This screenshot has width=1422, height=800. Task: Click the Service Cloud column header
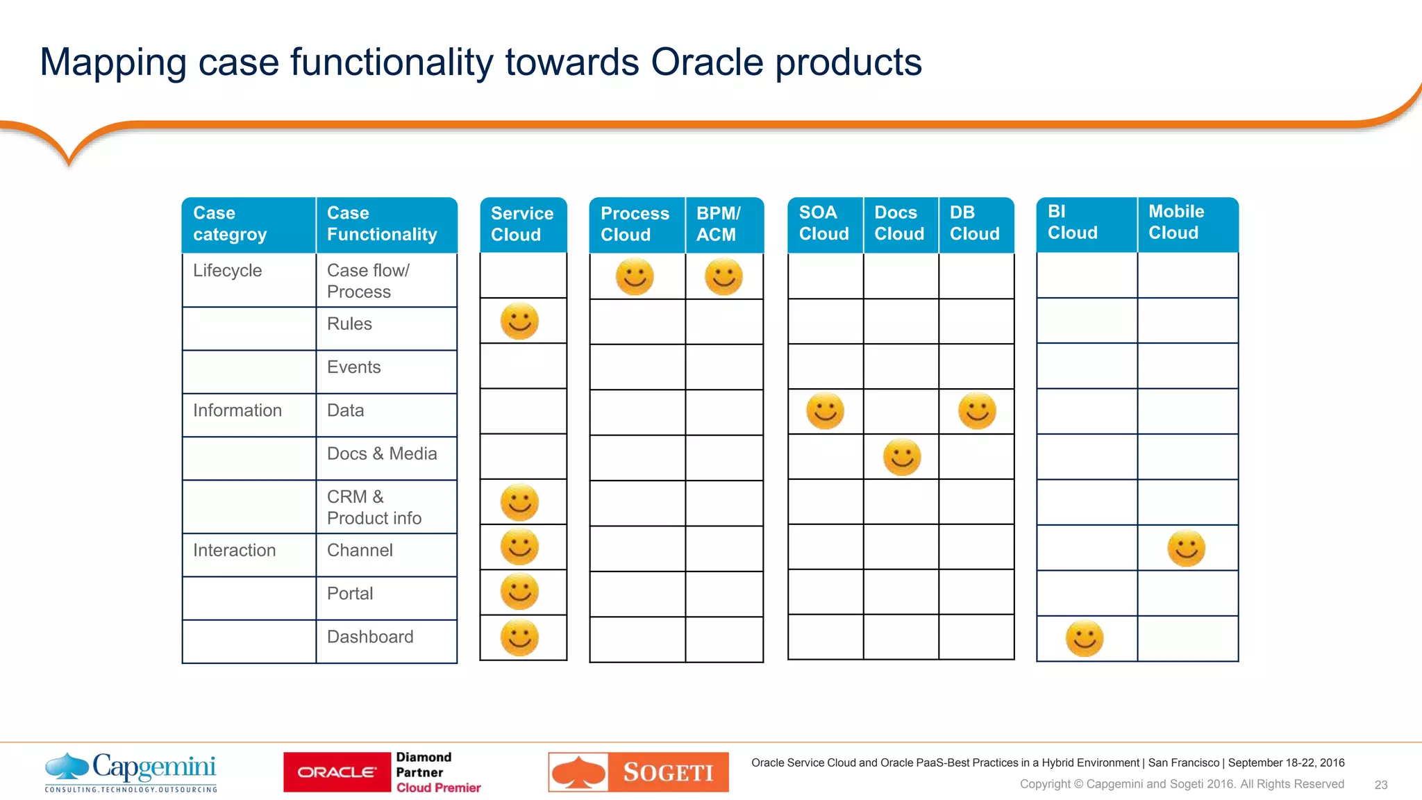coord(523,224)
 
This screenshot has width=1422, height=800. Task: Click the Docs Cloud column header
coord(900,224)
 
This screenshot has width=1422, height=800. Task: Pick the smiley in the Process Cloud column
coord(635,277)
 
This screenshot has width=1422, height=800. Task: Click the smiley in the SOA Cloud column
coord(825,411)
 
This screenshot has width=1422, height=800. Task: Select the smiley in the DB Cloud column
coord(977,411)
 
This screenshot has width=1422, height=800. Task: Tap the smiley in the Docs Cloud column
coord(902,457)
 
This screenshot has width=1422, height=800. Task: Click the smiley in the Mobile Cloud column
coord(1186,549)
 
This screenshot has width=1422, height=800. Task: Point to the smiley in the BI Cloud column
coord(1085,638)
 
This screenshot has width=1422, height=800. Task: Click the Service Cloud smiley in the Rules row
coord(519,322)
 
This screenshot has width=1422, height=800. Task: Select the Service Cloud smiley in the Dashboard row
coord(519,637)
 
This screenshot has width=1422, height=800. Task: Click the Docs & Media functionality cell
coord(382,454)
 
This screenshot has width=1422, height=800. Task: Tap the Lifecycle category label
coord(228,271)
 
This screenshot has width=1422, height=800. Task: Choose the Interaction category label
coord(235,551)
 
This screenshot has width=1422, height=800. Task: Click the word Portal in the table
coord(350,594)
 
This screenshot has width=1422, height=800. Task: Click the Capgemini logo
coord(131,772)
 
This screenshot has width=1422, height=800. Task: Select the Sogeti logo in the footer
coord(638,772)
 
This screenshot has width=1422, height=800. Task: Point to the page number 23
coord(1380,785)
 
